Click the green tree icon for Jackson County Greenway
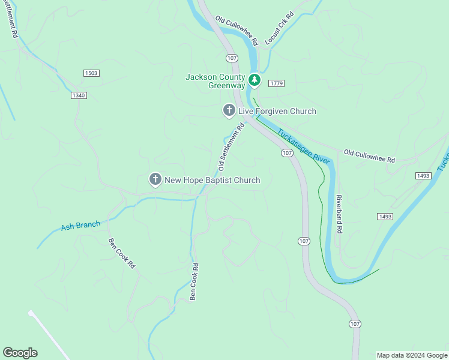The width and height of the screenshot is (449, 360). coord(255,79)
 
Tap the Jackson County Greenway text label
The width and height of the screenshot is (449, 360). coord(215,81)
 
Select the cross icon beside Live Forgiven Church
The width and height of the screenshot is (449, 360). coord(228,110)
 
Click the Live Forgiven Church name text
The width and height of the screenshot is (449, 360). coord(277,111)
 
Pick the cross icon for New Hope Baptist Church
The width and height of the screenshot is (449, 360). coord(155,179)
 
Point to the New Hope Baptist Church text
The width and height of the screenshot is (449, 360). coord(212,180)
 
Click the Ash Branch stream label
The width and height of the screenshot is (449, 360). coord(80,226)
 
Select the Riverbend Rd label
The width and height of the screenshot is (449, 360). coord(339,213)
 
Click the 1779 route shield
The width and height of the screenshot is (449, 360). coord(276,83)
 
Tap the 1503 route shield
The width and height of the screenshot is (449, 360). coord(91,73)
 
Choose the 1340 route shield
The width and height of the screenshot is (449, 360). coord(79,95)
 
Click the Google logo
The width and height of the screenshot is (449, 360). coord(20,353)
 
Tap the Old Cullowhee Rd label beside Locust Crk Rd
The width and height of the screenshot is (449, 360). coord(237,30)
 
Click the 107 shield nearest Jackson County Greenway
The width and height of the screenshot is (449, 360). coord(232,58)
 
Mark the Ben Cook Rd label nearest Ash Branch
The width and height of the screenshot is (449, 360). coord(122,253)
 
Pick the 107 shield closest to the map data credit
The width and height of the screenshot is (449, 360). coord(355,324)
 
